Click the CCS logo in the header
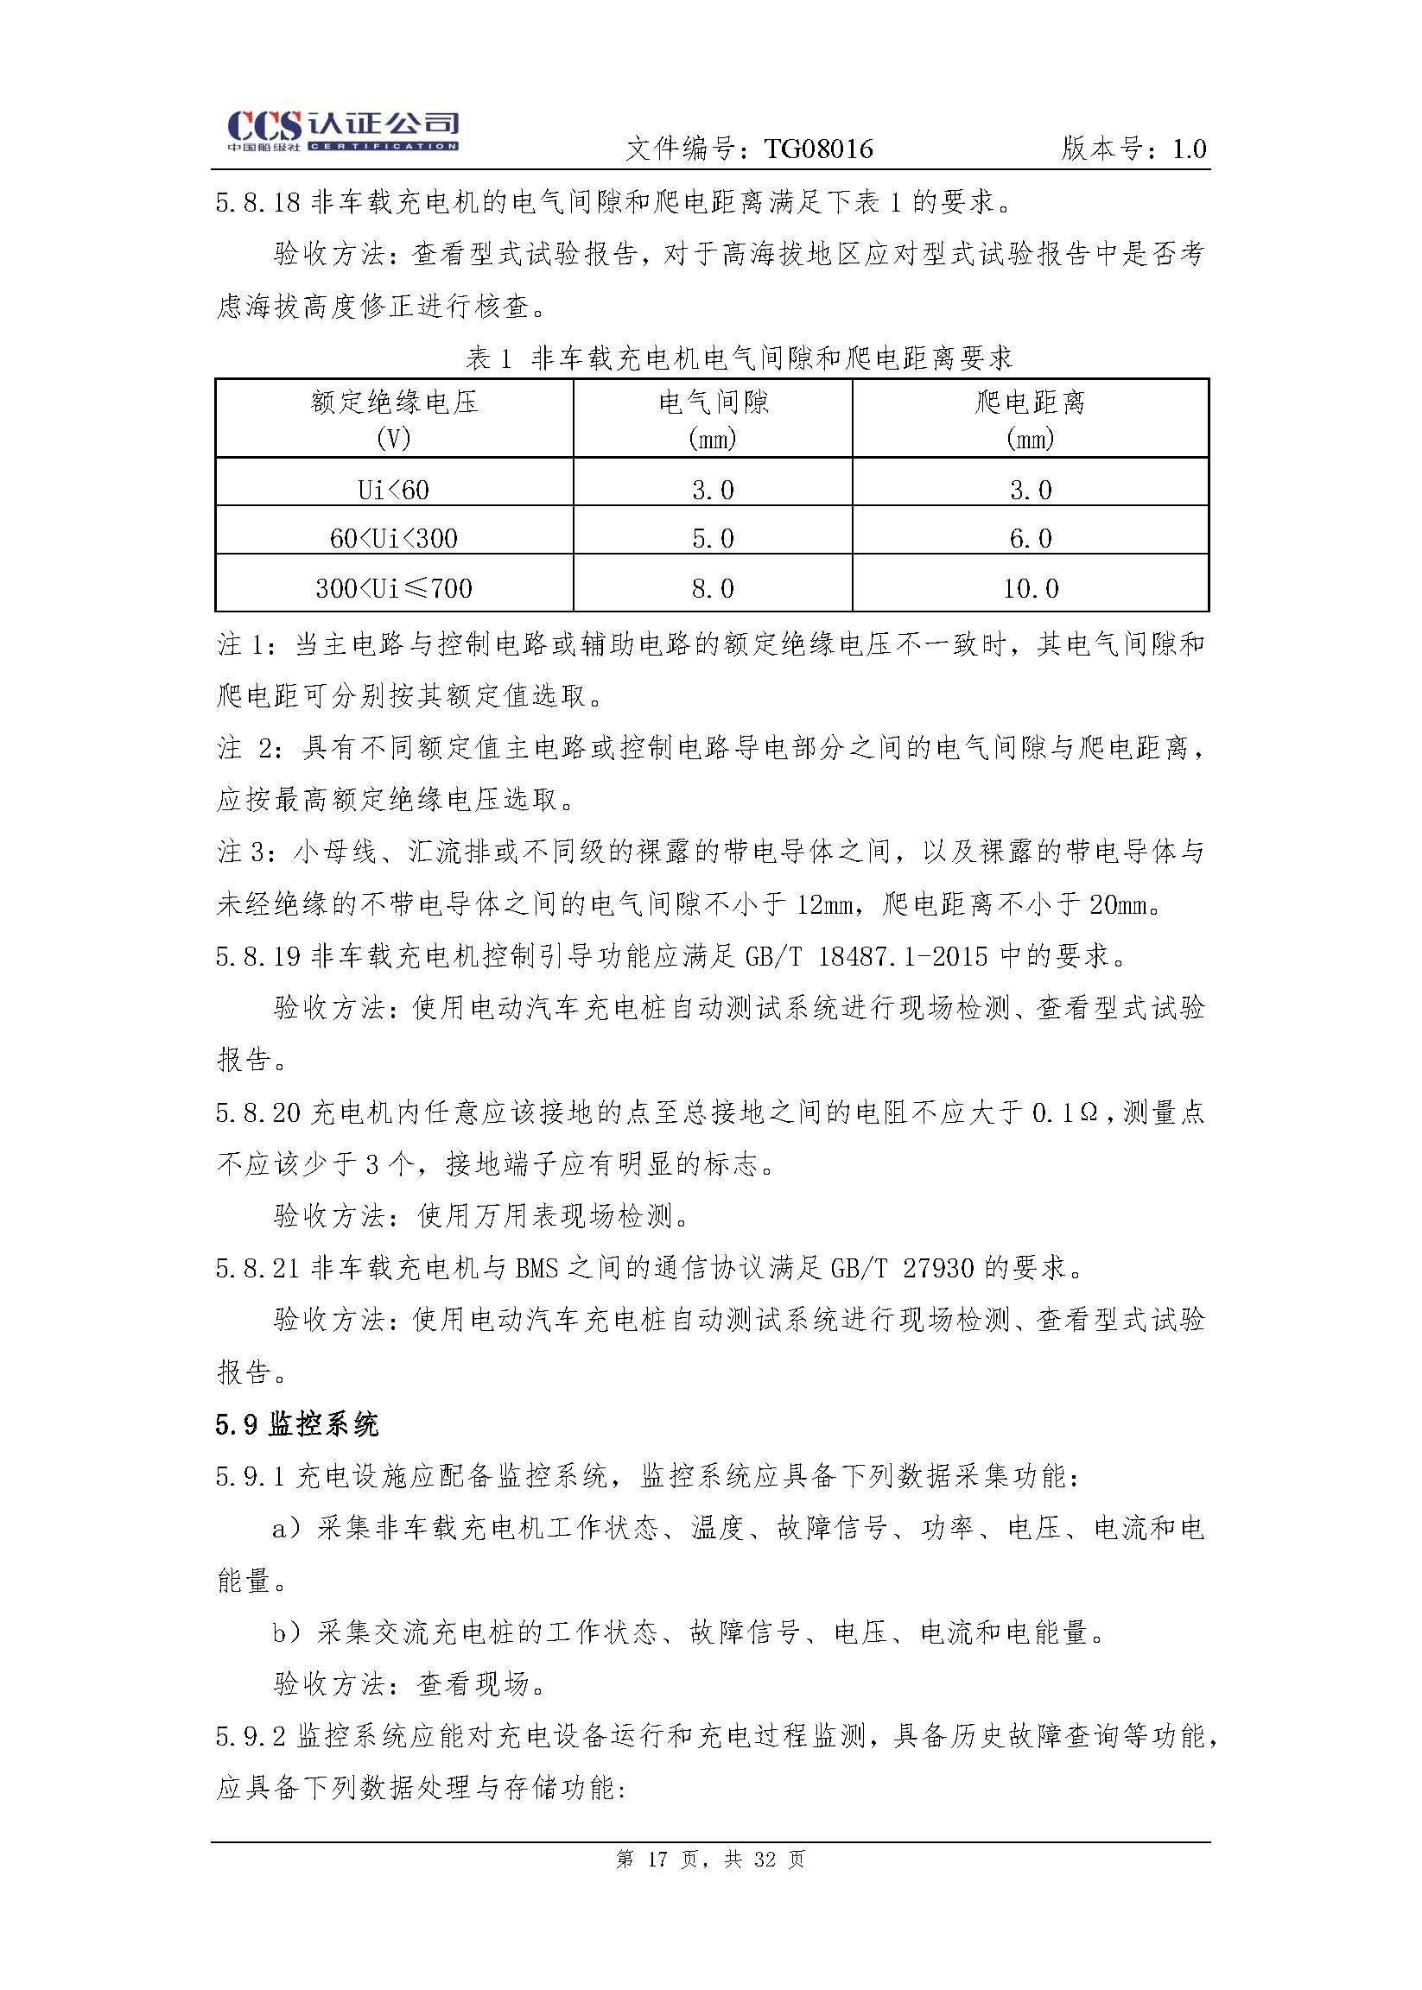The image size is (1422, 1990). click(342, 131)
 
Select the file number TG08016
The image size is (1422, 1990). click(818, 149)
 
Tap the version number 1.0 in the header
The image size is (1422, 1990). click(1189, 149)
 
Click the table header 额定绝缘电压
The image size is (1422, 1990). click(394, 402)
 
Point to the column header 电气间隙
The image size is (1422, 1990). click(713, 402)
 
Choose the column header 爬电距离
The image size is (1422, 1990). click(1030, 402)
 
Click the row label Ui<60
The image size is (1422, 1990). click(394, 490)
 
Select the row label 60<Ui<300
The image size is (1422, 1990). click(394, 538)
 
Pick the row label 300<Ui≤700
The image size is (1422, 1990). click(394, 587)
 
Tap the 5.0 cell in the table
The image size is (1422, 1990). click(713, 538)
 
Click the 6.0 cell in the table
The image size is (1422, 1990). click(1030, 538)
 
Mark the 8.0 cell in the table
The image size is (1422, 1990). click(713, 587)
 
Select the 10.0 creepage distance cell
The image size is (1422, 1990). click(1030, 587)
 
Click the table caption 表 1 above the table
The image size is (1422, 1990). click(489, 358)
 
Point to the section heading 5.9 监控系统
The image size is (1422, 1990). click(297, 1424)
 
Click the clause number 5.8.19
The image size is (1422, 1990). click(257, 955)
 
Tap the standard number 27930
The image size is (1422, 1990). click(938, 1268)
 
